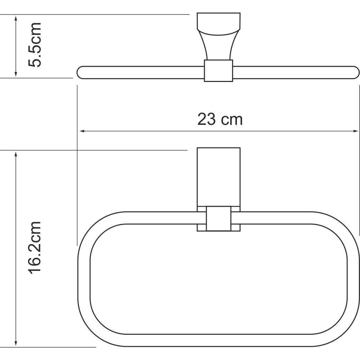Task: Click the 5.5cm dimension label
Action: pyautogui.click(x=35, y=45)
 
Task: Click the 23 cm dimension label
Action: pyautogui.click(x=220, y=120)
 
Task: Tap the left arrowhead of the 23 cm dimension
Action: pyautogui.click(x=82, y=131)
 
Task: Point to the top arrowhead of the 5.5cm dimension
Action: pyautogui.click(x=16, y=18)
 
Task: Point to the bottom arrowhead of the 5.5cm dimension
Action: pyautogui.click(x=16, y=74)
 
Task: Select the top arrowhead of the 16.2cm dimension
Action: pyautogui.click(x=16, y=154)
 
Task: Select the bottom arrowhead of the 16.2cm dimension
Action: pyautogui.click(x=16, y=343)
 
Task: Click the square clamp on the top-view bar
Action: pyautogui.click(x=218, y=71)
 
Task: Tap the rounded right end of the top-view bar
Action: pyautogui.click(x=354, y=72)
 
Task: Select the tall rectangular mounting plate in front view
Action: pyautogui.click(x=218, y=176)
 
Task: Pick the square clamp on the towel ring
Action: pyautogui.click(x=218, y=219)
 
